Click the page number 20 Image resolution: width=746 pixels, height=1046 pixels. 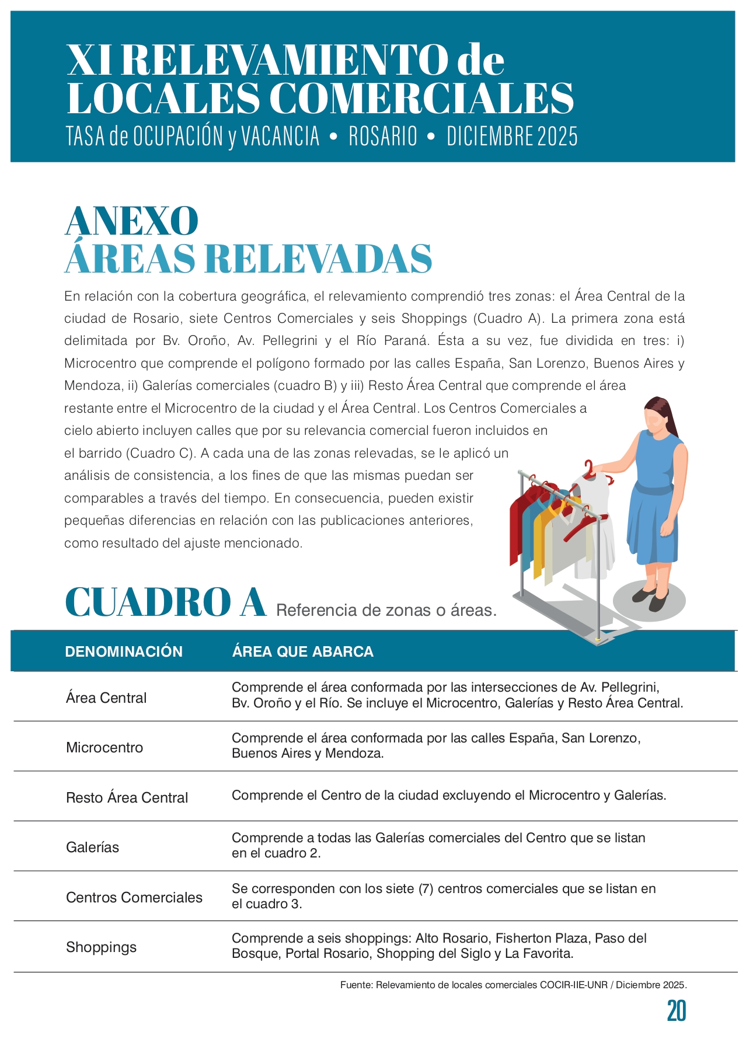(x=676, y=1011)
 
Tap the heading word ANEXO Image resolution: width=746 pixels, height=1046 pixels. (x=131, y=221)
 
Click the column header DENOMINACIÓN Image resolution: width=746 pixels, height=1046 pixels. (x=124, y=651)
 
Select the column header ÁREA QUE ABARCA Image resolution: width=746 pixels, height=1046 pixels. (x=302, y=651)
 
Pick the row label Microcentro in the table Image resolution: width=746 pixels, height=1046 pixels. (x=104, y=747)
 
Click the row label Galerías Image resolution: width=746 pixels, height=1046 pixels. (x=92, y=847)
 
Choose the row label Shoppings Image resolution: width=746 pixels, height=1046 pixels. (x=101, y=947)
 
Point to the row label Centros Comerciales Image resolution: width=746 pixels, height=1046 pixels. (x=134, y=897)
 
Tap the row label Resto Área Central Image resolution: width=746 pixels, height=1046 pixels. (x=127, y=797)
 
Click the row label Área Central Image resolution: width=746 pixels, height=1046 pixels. (x=106, y=698)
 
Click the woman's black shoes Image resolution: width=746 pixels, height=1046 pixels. (x=653, y=598)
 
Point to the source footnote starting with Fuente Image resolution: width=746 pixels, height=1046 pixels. (x=513, y=985)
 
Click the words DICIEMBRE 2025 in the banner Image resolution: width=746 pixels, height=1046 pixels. (x=512, y=137)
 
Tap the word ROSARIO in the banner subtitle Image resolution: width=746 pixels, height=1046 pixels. (x=383, y=137)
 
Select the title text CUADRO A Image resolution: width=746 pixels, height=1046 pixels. (x=166, y=602)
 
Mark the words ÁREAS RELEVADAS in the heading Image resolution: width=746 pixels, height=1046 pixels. (x=248, y=259)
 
